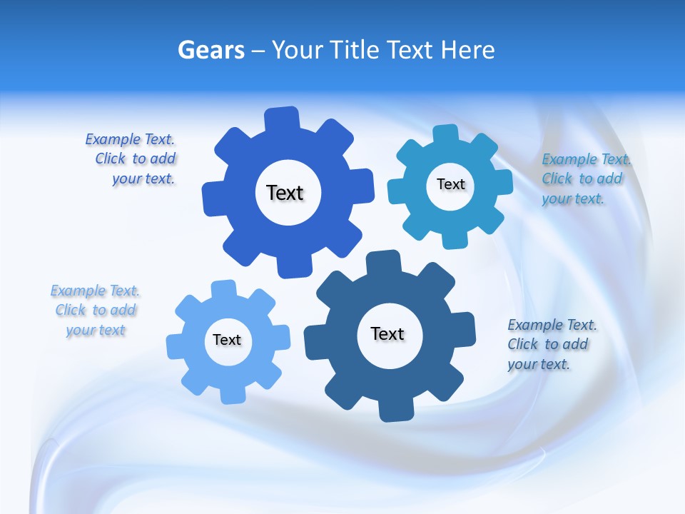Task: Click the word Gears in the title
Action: click(x=210, y=50)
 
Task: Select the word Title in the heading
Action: click(x=357, y=50)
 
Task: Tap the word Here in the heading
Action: click(x=467, y=50)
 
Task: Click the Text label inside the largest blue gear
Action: click(x=285, y=193)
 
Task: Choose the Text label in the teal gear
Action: click(x=450, y=184)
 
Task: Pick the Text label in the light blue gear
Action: click(x=227, y=340)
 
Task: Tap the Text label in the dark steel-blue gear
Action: click(x=387, y=333)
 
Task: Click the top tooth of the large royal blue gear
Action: click(x=282, y=119)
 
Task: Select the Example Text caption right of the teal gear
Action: click(x=585, y=178)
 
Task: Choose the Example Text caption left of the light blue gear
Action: click(x=95, y=310)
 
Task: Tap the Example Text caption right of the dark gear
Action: click(x=551, y=344)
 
